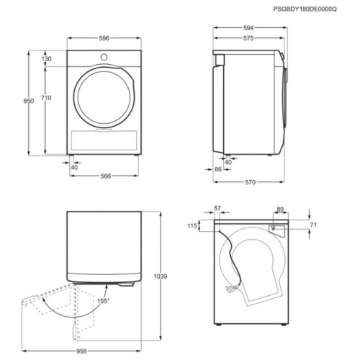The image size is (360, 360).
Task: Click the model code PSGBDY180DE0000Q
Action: pos(305,9)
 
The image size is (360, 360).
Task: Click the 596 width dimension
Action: pos(104,38)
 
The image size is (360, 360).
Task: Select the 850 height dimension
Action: pos(29,101)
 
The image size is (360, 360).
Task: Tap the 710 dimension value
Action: pos(46,98)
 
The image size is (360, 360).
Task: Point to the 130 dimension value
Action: pos(46,58)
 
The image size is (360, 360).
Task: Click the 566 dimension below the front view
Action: pos(106,176)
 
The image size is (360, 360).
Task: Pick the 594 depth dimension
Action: pos(248,28)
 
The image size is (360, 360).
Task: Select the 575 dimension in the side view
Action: pos(248,38)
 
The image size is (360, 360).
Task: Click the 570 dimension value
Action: pos(250,182)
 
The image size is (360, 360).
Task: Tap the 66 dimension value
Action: pos(218,169)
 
